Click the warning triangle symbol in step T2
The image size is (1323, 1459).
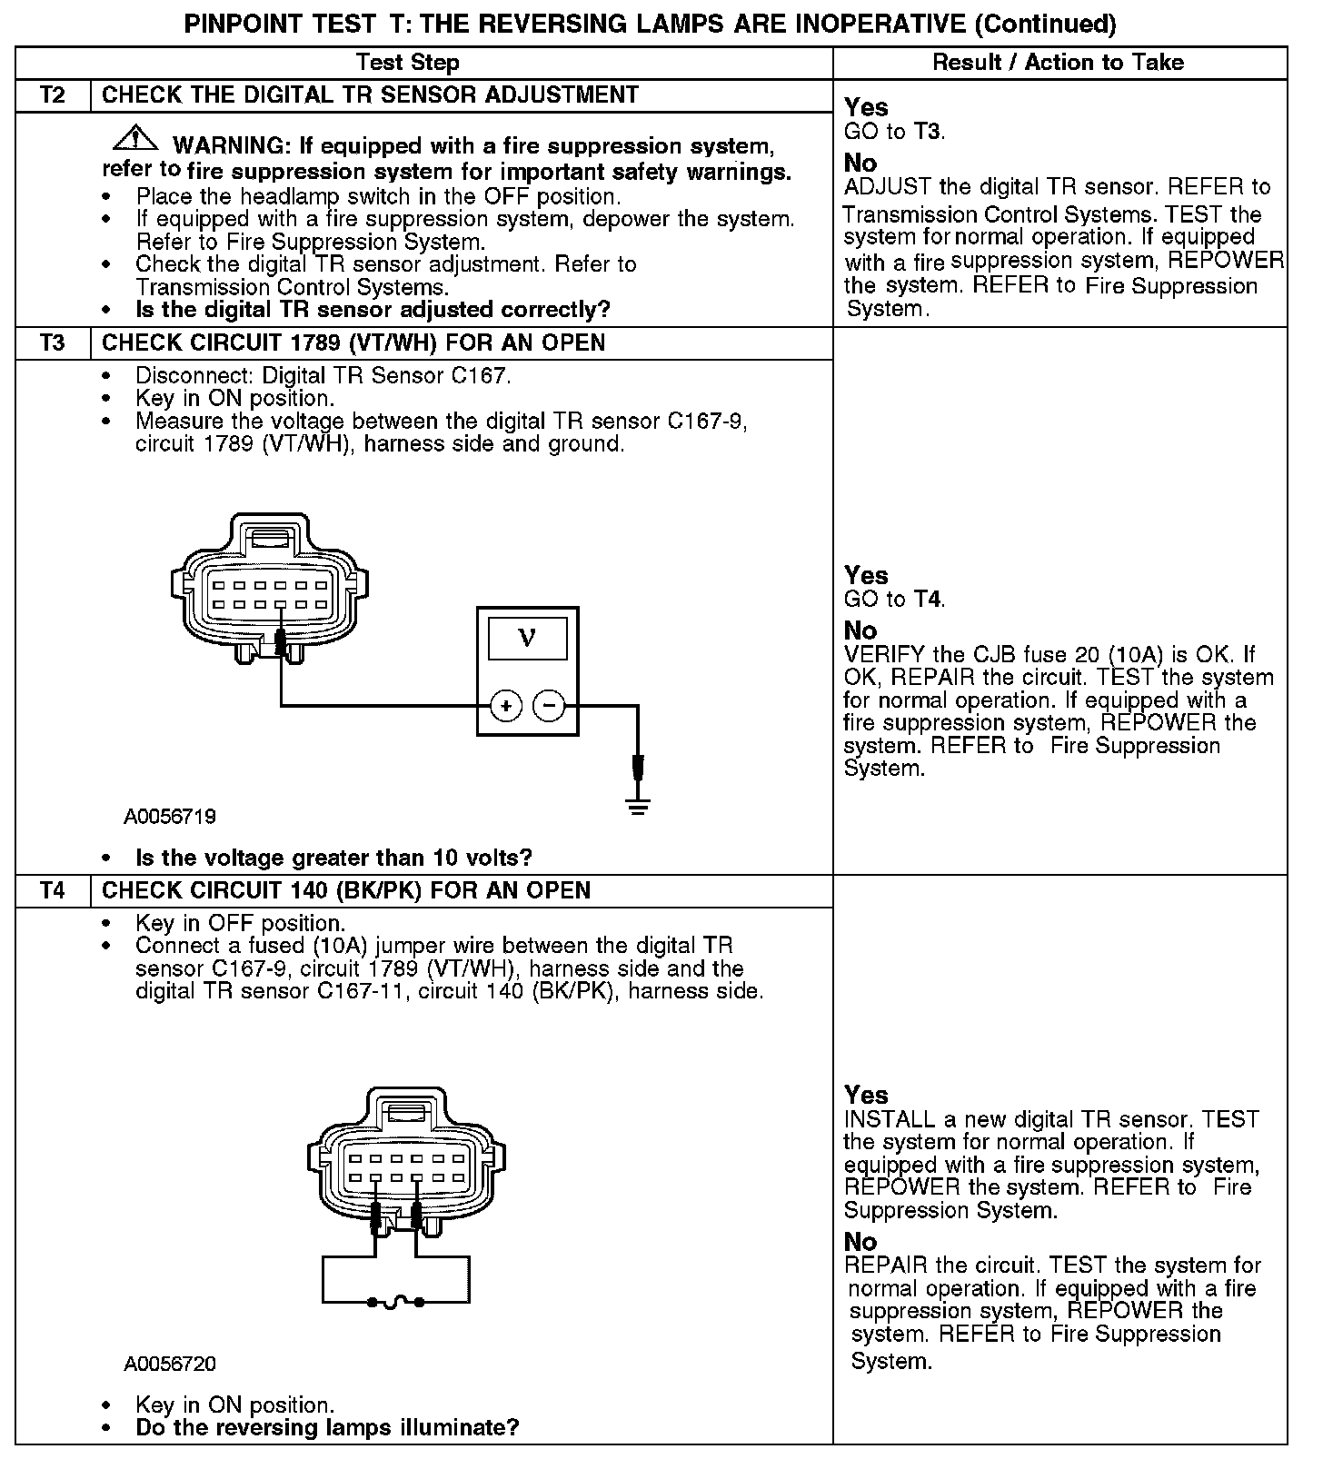coord(134,138)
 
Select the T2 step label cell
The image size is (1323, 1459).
coord(53,95)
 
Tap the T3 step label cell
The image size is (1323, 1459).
coord(53,342)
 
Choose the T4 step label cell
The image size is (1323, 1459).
coord(53,890)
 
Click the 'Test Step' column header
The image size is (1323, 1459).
coord(407,63)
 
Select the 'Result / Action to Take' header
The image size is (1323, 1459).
coord(1059,63)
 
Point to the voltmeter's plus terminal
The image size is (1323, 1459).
coord(505,705)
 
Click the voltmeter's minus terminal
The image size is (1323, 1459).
coord(549,705)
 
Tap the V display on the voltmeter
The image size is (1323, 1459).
coord(527,638)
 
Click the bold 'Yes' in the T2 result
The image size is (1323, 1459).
coord(866,107)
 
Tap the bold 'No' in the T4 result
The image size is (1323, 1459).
coord(860,1242)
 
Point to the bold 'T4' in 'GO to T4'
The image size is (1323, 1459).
coord(927,600)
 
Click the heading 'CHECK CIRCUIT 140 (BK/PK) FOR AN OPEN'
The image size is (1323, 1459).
coord(346,890)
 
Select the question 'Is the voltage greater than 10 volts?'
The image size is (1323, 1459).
coord(333,858)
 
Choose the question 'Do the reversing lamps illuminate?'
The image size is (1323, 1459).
coord(327,1427)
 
